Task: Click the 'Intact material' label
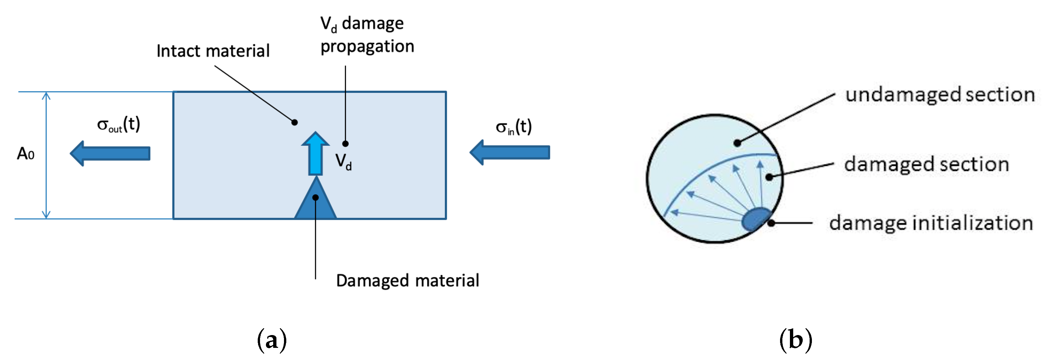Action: tap(213, 52)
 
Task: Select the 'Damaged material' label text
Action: tap(407, 281)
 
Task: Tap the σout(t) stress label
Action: tap(119, 125)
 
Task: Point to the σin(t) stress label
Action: tap(514, 127)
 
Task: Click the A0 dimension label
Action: tap(26, 154)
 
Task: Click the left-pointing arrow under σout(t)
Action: tap(110, 153)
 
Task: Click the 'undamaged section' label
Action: tap(940, 95)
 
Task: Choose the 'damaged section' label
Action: tap(926, 164)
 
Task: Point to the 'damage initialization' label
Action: tap(931, 223)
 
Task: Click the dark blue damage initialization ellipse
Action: tap(756, 220)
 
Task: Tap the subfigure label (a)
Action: tap(272, 340)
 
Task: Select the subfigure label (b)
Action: tap(795, 340)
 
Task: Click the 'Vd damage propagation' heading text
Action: tap(367, 35)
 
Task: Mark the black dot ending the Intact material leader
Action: tap(295, 122)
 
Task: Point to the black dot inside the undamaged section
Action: tap(737, 143)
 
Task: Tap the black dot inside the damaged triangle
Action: tap(316, 198)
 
